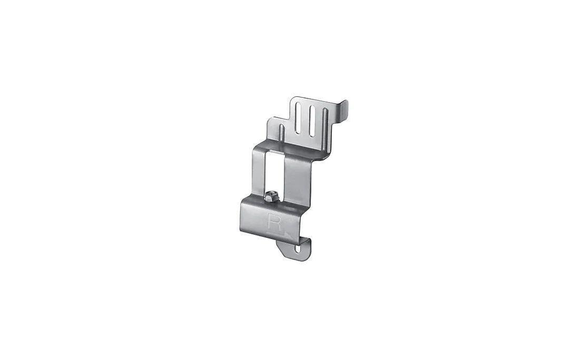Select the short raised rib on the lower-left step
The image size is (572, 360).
(282, 133)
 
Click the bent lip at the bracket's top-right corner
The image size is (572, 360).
(343, 110)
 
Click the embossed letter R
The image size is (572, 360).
(274, 223)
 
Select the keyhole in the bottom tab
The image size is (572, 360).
(298, 250)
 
